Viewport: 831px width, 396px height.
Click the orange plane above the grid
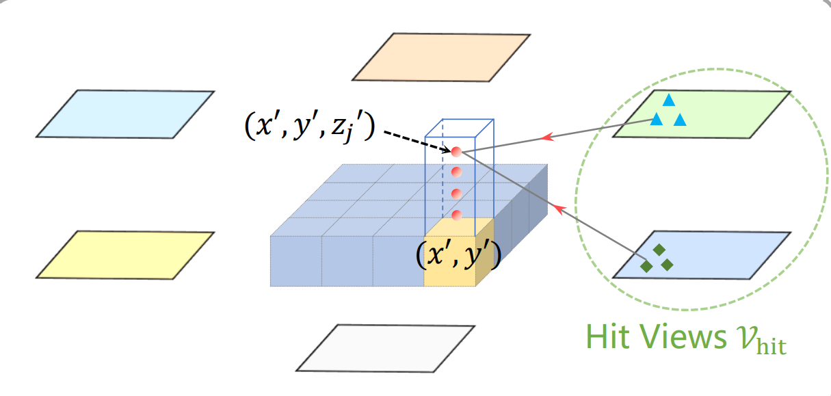[441, 57]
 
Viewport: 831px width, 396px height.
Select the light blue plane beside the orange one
[125, 114]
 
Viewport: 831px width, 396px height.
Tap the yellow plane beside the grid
[125, 254]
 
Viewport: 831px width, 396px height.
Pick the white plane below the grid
[386, 347]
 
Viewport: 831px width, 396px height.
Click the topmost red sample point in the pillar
[456, 151]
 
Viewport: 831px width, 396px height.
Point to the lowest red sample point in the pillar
[456, 215]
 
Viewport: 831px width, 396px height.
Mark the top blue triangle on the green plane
[668, 101]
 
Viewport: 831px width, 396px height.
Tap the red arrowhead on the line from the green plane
[547, 138]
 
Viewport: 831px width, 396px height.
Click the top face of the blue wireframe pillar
[459, 127]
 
